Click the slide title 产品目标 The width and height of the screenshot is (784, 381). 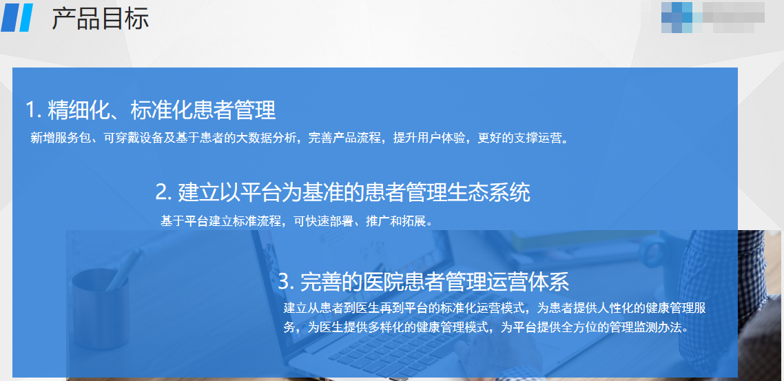[x=101, y=19]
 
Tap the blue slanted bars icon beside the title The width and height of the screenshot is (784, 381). [x=17, y=17]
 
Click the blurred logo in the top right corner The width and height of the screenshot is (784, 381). [x=712, y=17]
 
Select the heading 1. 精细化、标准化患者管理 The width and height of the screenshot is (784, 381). [x=150, y=110]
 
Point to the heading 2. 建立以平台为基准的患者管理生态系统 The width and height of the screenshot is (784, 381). [x=342, y=192]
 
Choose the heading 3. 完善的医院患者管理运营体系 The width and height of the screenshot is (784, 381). [x=424, y=282]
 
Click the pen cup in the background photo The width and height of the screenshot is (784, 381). [x=100, y=308]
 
